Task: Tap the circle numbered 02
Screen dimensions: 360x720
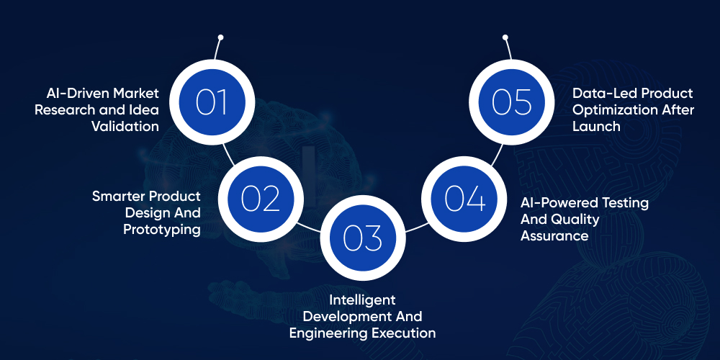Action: [x=260, y=198]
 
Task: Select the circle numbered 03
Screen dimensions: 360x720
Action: [x=361, y=238]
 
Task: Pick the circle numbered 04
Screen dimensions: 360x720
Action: [x=464, y=198]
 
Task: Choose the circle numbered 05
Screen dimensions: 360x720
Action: [x=512, y=102]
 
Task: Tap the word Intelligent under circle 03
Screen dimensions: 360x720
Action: [x=362, y=300]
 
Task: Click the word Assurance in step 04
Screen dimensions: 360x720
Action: [x=554, y=235]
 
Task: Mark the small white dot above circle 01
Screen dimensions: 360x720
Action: [x=220, y=37]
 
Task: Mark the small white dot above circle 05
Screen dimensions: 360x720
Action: [x=505, y=37]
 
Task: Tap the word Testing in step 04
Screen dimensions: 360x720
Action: [x=625, y=203]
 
